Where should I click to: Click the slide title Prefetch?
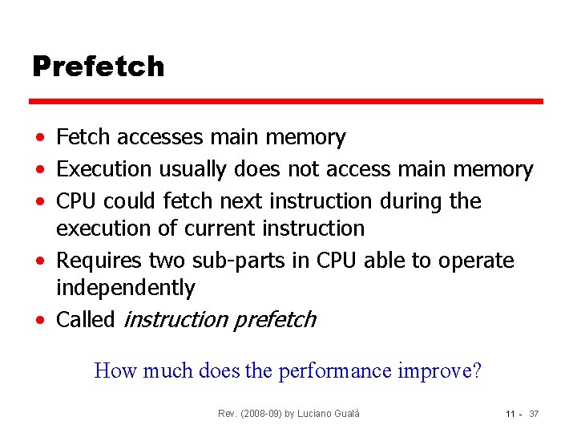pyautogui.click(x=98, y=67)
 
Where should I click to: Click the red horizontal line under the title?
pyautogui.click(x=286, y=102)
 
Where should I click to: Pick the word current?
pyautogui.click(x=217, y=229)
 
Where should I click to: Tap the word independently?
pyautogui.click(x=125, y=288)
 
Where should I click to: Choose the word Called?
pyautogui.click(x=86, y=320)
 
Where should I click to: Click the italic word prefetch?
pyautogui.click(x=274, y=320)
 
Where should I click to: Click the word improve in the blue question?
pyautogui.click(x=442, y=371)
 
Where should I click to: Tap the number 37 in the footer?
pyautogui.click(x=535, y=413)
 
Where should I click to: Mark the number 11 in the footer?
pyautogui.click(x=510, y=413)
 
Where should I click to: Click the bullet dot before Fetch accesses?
pyautogui.click(x=39, y=139)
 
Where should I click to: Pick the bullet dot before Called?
pyautogui.click(x=39, y=321)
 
